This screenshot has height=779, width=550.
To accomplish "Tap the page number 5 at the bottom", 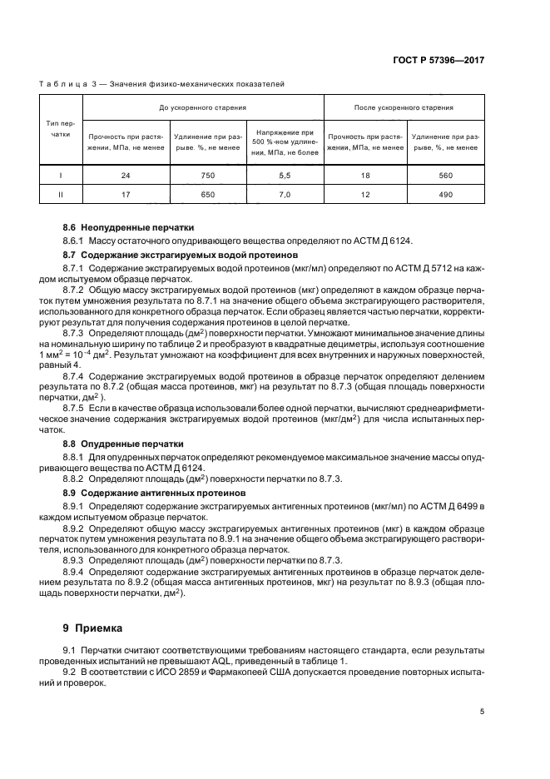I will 483,711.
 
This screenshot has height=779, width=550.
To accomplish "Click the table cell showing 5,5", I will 284,176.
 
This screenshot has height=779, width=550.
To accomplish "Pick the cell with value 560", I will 445,176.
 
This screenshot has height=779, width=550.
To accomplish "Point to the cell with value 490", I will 445,195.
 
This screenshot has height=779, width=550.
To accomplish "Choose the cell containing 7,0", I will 284,195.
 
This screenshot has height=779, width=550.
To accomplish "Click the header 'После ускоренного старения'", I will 404,107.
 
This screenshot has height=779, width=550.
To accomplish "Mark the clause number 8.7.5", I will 76,409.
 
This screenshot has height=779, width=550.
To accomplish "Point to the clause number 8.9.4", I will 76,573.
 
